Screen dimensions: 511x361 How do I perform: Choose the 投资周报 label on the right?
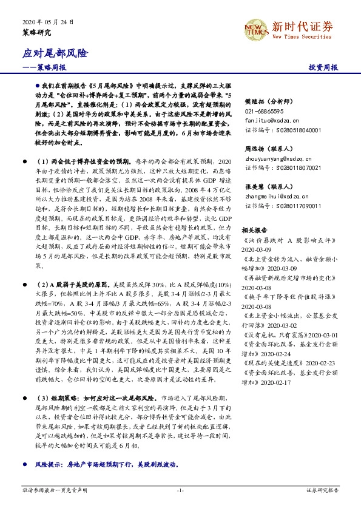pyautogui.click(x=323, y=68)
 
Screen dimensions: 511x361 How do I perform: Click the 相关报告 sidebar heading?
pyautogui.click(x=255, y=214)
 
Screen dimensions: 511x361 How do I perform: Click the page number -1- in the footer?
pyautogui.click(x=180, y=489)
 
